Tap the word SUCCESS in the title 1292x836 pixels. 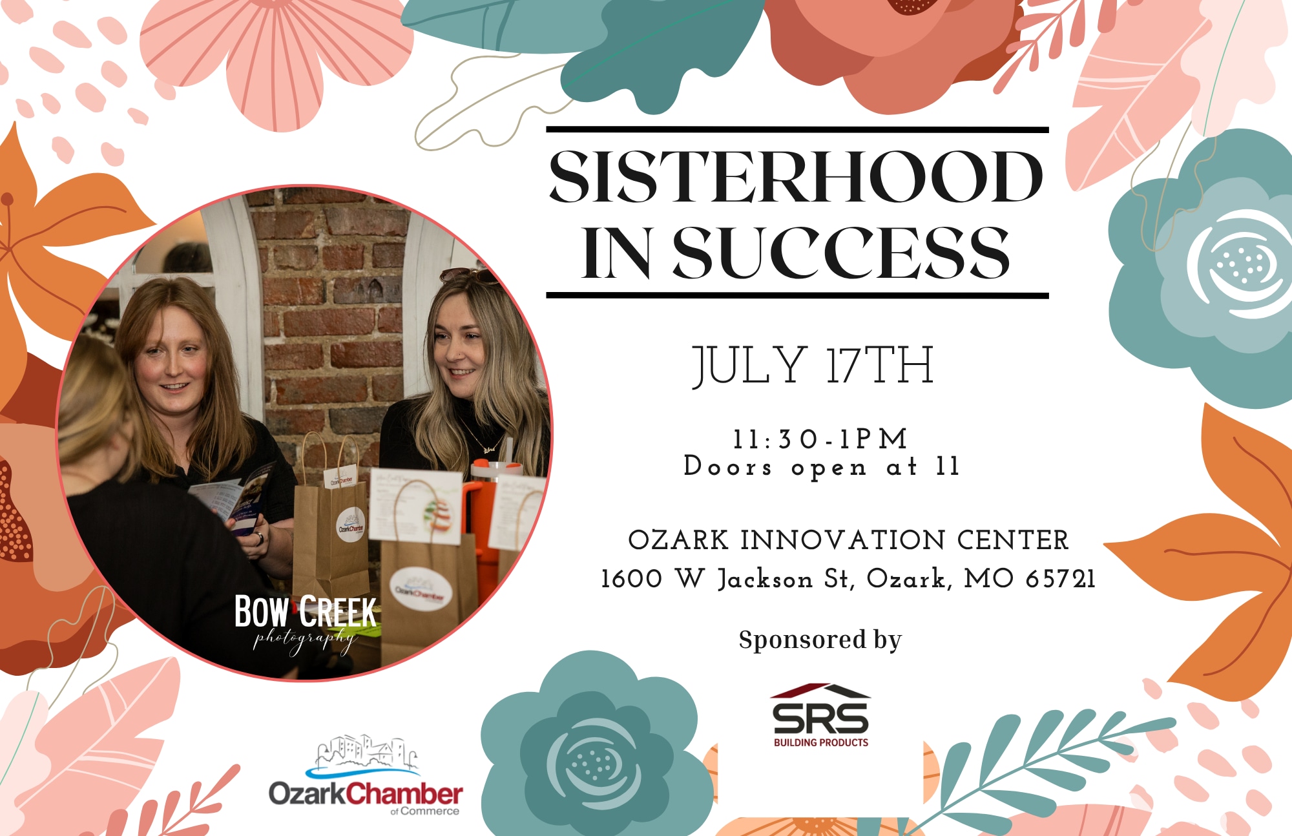pos(841,253)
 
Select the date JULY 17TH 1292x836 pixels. pos(813,366)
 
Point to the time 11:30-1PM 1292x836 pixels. pos(820,439)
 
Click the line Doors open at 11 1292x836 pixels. pos(822,466)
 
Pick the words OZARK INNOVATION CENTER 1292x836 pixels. pos(848,540)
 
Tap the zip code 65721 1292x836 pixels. pos(1061,579)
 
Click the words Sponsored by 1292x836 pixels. pos(820,640)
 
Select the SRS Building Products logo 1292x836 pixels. pos(821,716)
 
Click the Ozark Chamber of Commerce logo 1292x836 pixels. pos(366,775)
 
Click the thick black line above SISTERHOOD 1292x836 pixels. pos(797,130)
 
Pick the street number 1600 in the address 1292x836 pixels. pos(632,579)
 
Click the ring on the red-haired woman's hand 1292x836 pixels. pos(258,538)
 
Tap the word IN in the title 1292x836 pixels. pos(616,253)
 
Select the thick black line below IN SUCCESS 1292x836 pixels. pos(797,296)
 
